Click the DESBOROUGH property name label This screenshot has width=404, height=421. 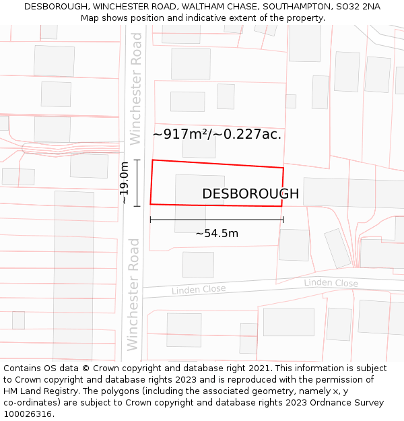pyautogui.click(x=250, y=194)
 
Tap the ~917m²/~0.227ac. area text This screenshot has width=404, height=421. pyautogui.click(x=217, y=134)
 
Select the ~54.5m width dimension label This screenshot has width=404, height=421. pyautogui.click(x=217, y=234)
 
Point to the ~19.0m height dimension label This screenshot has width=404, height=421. pyautogui.click(x=124, y=183)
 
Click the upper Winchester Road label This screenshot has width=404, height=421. pyautogui.click(x=136, y=98)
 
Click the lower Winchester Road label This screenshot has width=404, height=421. pyautogui.click(x=133, y=294)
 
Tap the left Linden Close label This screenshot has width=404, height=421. pyautogui.click(x=199, y=290)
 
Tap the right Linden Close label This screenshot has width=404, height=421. pyautogui.click(x=331, y=283)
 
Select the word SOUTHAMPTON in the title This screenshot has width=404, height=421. pyautogui.click(x=294, y=7)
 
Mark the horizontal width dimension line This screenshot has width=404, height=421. pyautogui.click(x=217, y=220)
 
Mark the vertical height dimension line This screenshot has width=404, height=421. pyautogui.click(x=137, y=183)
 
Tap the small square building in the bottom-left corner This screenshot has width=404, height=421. pyautogui.click(x=18, y=320)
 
